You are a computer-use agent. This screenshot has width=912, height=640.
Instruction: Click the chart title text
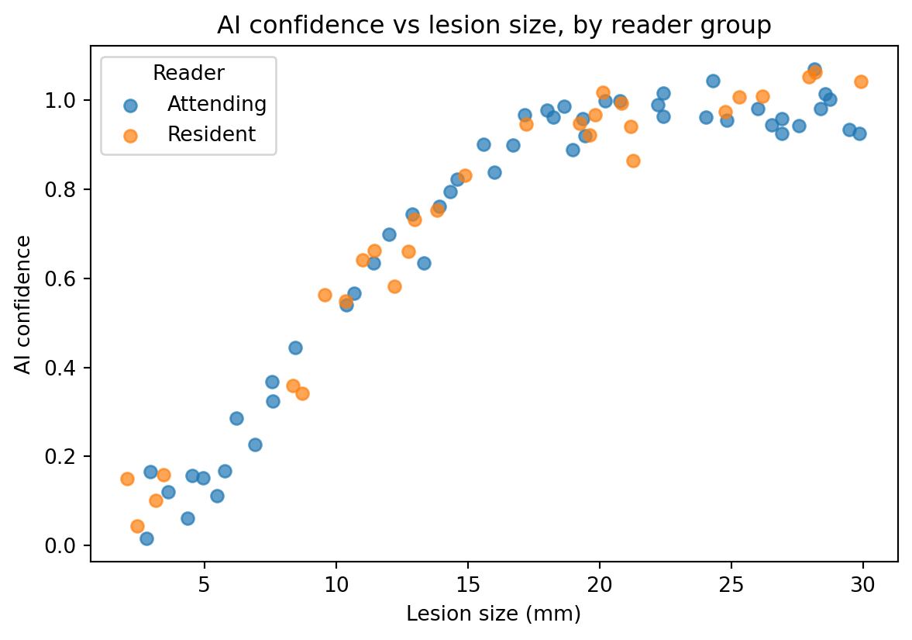click(494, 26)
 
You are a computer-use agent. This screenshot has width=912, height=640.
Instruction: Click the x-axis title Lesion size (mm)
click(494, 614)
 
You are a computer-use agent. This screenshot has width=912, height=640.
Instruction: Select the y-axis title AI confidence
click(23, 305)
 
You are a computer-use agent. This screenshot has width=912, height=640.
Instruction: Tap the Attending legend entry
click(194, 104)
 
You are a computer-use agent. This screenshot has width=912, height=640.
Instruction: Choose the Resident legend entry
click(190, 134)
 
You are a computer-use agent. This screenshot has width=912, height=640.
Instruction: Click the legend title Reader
click(188, 73)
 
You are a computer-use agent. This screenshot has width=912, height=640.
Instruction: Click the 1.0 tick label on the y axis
click(60, 101)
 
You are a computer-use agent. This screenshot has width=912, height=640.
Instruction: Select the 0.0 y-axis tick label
click(60, 545)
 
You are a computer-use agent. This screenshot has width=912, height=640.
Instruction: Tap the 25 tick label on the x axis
click(731, 584)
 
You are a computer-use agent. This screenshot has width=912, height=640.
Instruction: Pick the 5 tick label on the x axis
click(204, 584)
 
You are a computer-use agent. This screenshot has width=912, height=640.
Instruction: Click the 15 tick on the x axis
click(468, 564)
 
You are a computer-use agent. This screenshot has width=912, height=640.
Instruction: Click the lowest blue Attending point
click(146, 538)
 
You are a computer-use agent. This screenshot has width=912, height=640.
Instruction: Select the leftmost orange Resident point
click(127, 479)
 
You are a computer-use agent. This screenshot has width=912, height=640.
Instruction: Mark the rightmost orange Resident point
click(862, 81)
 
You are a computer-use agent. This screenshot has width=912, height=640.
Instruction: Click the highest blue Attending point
click(815, 69)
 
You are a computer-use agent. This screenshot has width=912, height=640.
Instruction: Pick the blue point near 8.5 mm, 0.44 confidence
click(295, 348)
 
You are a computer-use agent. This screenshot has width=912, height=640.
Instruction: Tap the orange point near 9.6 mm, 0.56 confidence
click(325, 296)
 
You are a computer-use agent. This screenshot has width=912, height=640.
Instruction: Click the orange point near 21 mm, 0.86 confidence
click(633, 161)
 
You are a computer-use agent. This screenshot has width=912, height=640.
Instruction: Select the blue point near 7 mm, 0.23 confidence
click(255, 445)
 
